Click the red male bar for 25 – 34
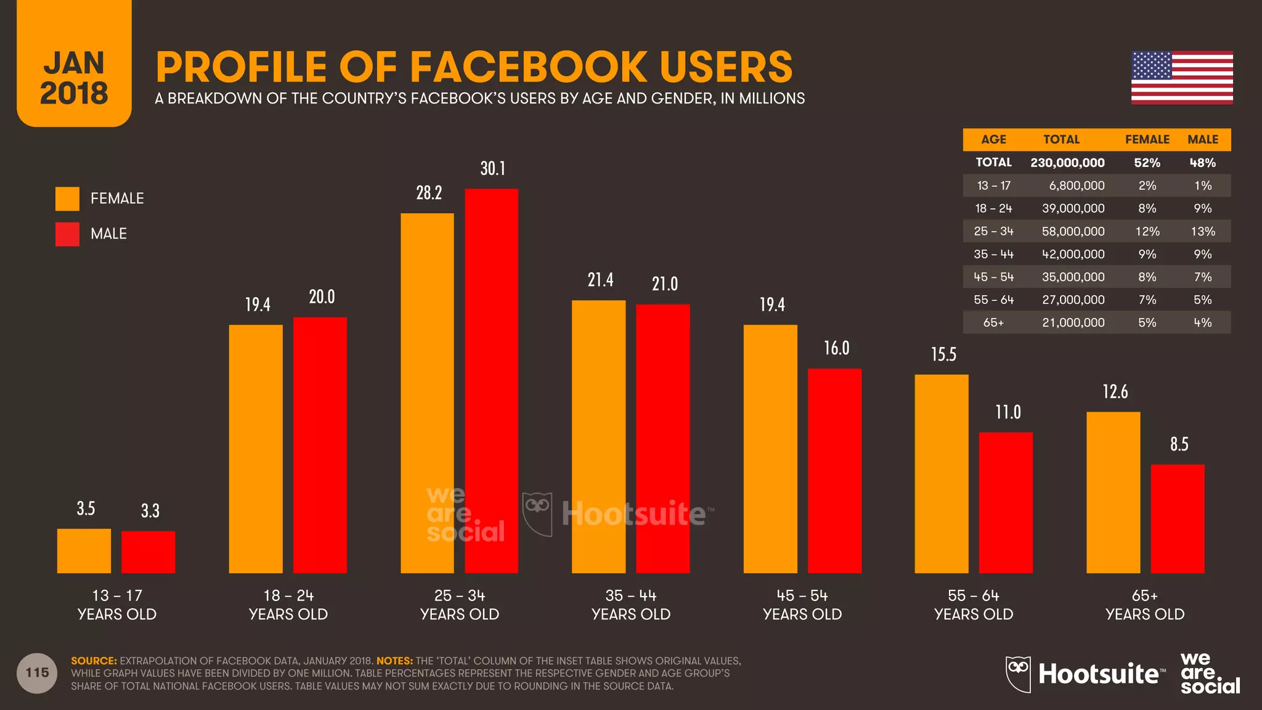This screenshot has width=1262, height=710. click(x=491, y=381)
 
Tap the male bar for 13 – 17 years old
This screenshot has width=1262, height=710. click(x=148, y=552)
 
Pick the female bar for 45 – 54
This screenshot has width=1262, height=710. click(x=770, y=449)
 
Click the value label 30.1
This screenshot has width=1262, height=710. click(x=492, y=168)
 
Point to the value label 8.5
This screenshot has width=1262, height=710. click(x=1179, y=444)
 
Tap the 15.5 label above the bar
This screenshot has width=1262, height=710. click(x=943, y=354)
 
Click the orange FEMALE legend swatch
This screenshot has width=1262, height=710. click(x=67, y=198)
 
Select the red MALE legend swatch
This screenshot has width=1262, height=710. click(x=67, y=234)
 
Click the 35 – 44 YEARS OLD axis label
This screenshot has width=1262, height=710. click(x=630, y=605)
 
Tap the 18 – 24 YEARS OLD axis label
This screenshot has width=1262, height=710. click(x=288, y=605)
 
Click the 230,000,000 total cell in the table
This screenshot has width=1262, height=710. click(x=1067, y=163)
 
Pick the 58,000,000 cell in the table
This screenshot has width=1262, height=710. click(x=1073, y=231)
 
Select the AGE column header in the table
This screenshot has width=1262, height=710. click(x=993, y=139)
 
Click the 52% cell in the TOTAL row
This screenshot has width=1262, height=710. click(x=1147, y=163)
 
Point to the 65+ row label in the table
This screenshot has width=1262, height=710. click(x=993, y=322)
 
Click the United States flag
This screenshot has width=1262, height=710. click(x=1181, y=78)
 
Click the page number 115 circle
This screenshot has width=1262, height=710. click(x=37, y=673)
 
